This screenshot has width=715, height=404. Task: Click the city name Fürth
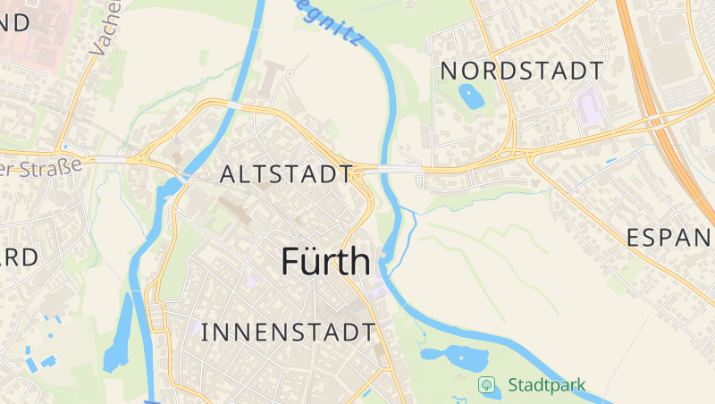click(325, 261)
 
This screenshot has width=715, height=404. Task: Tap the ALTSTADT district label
click(285, 173)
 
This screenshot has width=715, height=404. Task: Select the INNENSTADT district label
click(288, 332)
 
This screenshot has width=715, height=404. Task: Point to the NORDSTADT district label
click(522, 71)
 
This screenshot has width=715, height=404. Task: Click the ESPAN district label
click(669, 238)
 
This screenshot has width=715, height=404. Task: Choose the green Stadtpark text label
click(546, 386)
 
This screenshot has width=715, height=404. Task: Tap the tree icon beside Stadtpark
click(487, 385)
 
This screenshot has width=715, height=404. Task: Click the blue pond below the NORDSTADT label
click(470, 96)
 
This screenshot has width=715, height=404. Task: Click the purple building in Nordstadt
click(591, 108)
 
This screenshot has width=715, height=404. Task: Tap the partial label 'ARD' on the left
click(18, 258)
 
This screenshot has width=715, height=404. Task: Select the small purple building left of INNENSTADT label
click(196, 327)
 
